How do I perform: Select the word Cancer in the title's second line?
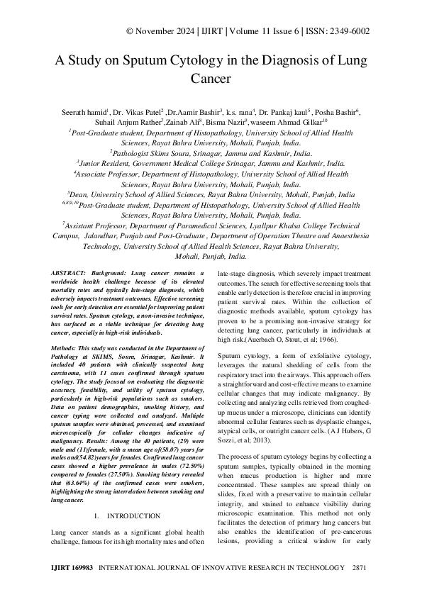211,79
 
